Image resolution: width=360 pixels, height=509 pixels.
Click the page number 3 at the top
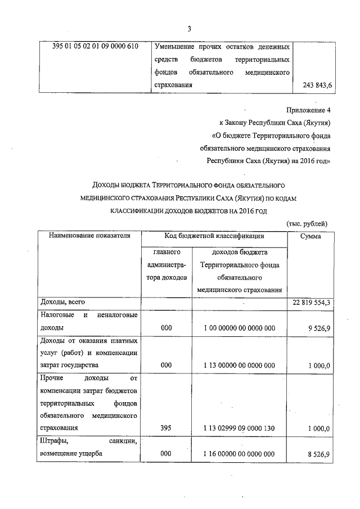190,29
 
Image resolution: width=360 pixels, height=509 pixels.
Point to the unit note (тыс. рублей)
307,223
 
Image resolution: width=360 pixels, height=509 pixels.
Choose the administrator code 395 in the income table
166,429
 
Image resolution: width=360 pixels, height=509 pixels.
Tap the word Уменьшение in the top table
177,46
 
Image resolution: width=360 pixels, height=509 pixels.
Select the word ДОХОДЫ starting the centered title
109,184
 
